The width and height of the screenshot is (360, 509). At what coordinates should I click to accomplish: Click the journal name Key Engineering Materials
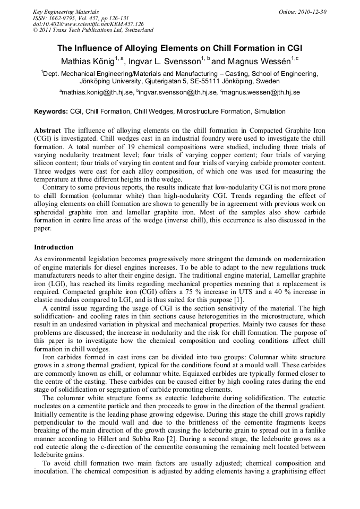point(66,12)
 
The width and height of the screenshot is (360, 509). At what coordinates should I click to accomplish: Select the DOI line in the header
point(88,24)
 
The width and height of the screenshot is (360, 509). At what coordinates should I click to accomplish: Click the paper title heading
point(179,48)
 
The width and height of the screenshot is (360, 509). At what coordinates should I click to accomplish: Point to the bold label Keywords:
point(51,111)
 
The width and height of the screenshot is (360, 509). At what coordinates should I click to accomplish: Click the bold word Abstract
point(47,131)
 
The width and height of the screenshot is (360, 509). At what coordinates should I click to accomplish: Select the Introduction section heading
point(54,247)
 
